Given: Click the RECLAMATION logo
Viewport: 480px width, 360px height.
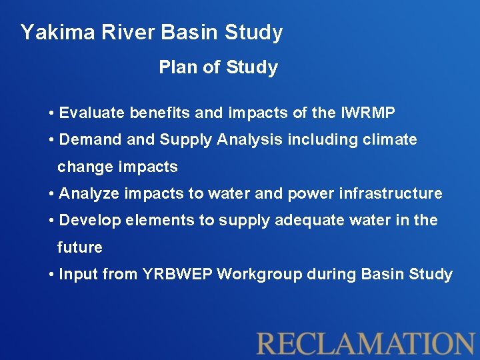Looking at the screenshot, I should (365, 343).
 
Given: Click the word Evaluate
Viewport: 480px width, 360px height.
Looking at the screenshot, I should (92, 113).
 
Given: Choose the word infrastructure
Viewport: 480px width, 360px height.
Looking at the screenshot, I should (397, 194).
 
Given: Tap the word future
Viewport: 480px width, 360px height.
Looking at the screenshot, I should (80, 247).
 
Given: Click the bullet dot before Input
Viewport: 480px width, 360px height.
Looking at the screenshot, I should (52, 275).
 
